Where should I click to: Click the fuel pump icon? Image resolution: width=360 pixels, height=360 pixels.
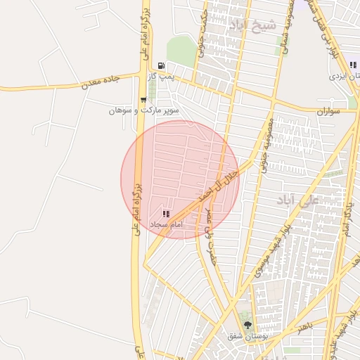click(x=162, y=65)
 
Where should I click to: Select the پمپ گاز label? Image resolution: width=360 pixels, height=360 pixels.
click(x=161, y=75)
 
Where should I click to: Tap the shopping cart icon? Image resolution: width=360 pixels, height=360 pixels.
click(x=143, y=100)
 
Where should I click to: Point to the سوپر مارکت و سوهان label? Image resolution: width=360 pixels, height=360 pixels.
click(x=144, y=110)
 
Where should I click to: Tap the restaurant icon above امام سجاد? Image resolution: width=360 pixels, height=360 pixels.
click(x=166, y=214)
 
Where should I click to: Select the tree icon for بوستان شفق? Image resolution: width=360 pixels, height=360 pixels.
click(x=247, y=325)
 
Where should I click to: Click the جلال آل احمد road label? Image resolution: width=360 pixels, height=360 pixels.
click(x=215, y=182)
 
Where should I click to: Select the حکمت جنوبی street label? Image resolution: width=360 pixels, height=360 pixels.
click(x=203, y=32)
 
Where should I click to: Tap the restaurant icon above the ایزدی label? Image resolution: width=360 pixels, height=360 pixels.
click(x=352, y=65)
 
